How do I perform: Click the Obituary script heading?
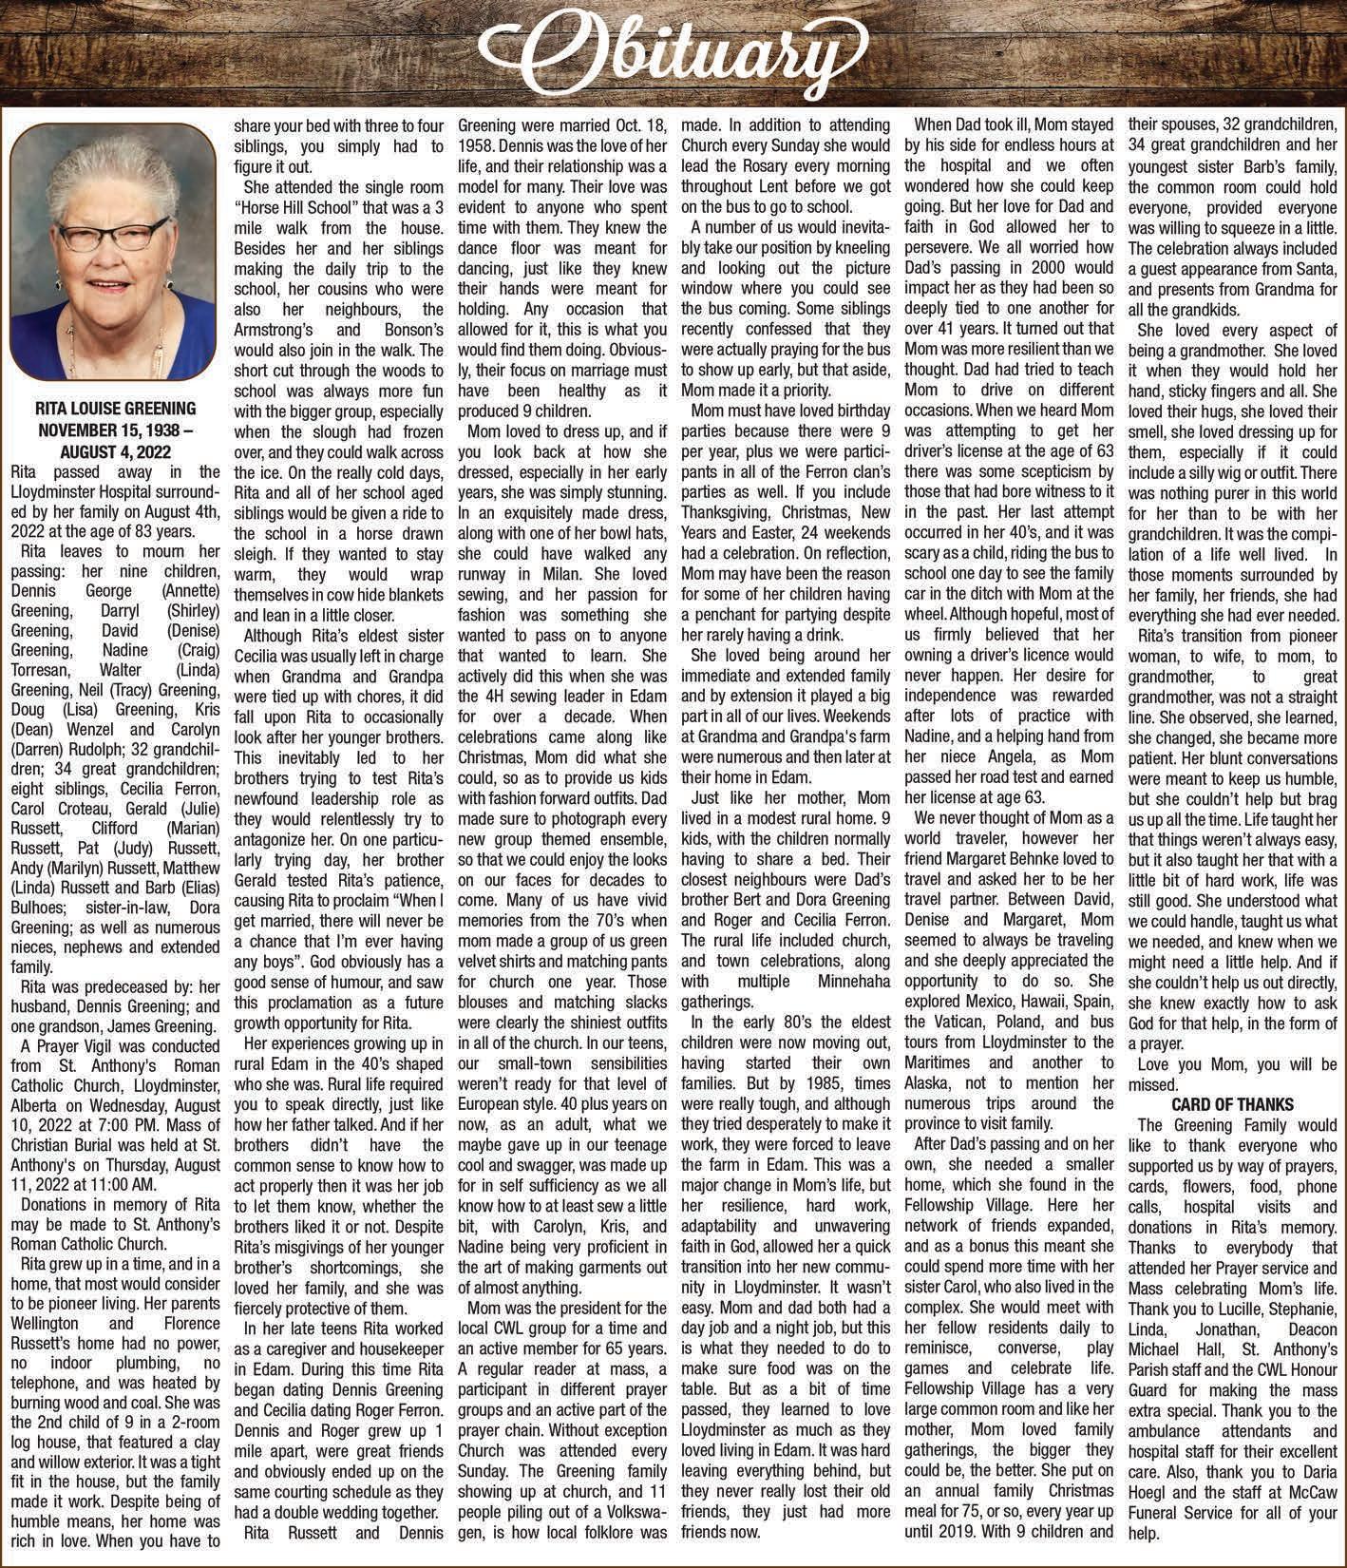[x=673, y=48]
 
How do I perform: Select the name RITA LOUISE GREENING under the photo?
[x=115, y=408]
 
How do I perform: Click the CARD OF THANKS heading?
[x=1232, y=1103]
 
